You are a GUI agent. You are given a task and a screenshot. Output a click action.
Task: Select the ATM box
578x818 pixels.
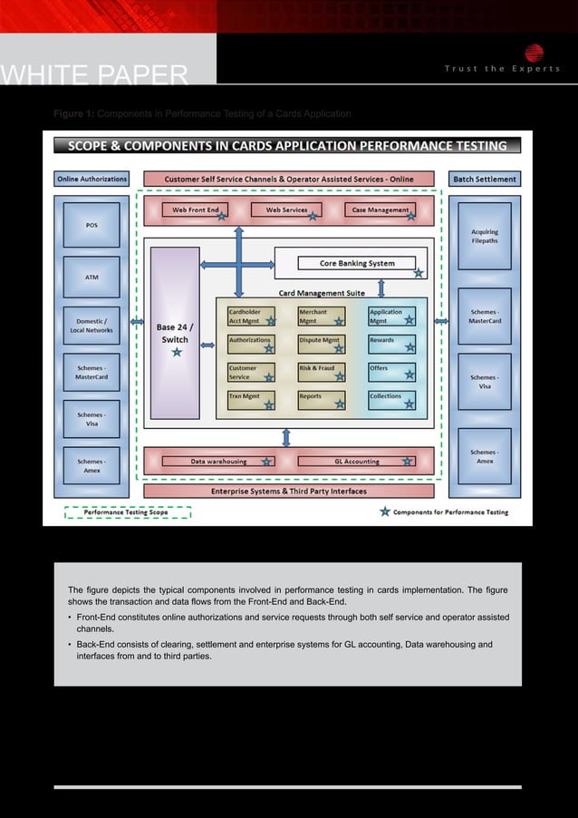[92, 278]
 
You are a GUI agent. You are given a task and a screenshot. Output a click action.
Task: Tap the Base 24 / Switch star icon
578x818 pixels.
[176, 352]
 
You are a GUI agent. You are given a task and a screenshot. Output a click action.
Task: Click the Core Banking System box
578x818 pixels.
[352, 264]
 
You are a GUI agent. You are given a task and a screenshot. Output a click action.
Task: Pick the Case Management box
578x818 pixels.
[381, 210]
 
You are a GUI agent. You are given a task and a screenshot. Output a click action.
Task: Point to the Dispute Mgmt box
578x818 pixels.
[322, 343]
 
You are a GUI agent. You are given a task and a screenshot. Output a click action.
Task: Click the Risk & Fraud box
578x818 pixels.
[322, 372]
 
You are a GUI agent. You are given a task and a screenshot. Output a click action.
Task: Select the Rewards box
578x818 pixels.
[391, 343]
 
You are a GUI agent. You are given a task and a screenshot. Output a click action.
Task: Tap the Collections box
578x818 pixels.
[391, 399]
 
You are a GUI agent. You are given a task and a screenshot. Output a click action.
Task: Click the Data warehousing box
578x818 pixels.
[218, 462]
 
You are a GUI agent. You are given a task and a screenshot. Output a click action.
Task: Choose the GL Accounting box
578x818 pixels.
[356, 462]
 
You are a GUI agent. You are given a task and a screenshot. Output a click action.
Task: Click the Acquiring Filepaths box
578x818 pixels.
[485, 236]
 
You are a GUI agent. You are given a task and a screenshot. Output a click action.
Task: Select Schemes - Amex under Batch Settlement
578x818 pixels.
[485, 456]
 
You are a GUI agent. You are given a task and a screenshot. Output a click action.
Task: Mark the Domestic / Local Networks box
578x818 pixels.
[92, 326]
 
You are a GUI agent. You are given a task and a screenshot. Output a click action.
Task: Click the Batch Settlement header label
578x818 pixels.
[485, 179]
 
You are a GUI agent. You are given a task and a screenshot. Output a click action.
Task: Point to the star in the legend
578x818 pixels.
[385, 512]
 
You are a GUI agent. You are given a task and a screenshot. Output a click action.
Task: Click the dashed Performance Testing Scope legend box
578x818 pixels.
[127, 512]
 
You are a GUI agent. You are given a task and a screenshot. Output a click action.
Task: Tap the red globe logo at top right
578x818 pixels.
[534, 53]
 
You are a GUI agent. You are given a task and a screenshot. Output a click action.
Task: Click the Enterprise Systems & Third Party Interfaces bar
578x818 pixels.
[288, 492]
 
